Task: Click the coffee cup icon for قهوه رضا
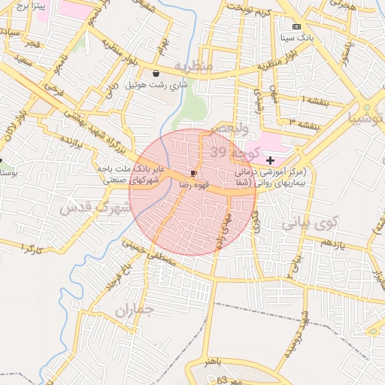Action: pyautogui.click(x=195, y=172)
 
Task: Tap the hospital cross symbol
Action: pyautogui.click(x=270, y=160)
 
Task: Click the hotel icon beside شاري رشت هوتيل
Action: pyautogui.click(x=156, y=73)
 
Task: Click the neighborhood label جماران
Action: pyautogui.click(x=135, y=309)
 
